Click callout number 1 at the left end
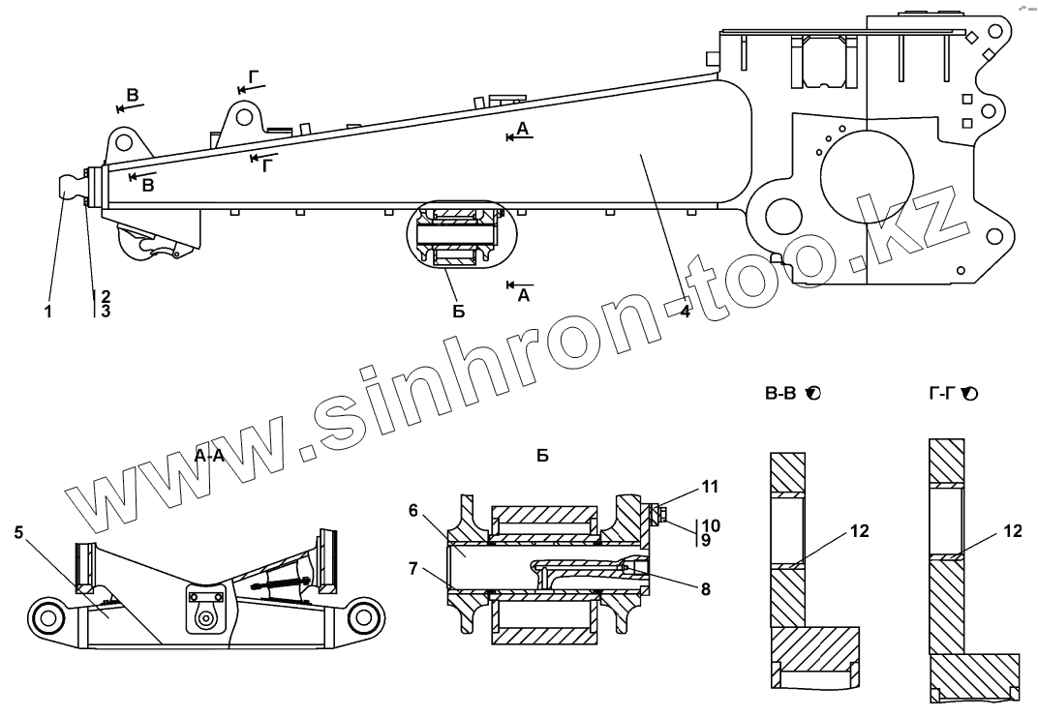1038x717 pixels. pyautogui.click(x=48, y=312)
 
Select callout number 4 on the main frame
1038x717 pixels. pyautogui.click(x=684, y=312)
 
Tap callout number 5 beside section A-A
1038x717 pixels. pyautogui.click(x=19, y=531)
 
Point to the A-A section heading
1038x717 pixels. pyautogui.click(x=209, y=456)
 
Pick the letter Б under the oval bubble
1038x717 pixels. pyautogui.click(x=458, y=311)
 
